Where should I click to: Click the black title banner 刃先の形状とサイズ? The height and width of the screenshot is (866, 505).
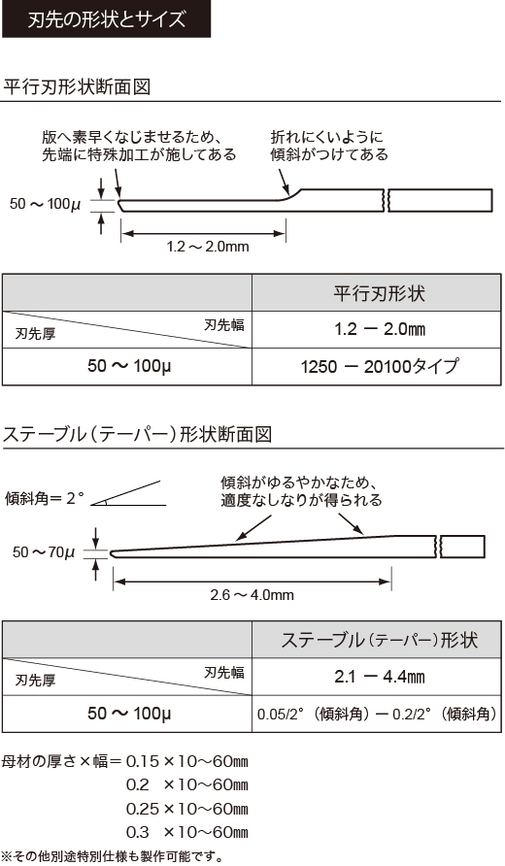[106, 18]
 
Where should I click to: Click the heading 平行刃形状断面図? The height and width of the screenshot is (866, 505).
[77, 86]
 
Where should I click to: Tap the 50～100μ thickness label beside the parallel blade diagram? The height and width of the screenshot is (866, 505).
[46, 204]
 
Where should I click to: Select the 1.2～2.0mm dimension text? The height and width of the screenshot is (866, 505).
[208, 247]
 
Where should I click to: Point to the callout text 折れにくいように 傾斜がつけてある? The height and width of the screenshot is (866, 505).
[329, 146]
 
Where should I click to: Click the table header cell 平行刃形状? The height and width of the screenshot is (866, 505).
[379, 293]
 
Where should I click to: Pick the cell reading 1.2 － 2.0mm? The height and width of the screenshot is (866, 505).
[379, 329]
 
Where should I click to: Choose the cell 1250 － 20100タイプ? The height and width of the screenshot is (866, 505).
[379, 366]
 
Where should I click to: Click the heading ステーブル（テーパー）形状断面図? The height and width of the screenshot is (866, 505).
[137, 434]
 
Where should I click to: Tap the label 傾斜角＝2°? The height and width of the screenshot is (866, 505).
[45, 498]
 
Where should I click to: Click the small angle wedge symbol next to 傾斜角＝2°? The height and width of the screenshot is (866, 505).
[128, 494]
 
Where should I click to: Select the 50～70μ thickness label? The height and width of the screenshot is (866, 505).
[44, 551]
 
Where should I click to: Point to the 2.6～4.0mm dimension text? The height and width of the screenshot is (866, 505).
[252, 595]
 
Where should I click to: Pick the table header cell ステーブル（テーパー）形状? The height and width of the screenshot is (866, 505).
[379, 640]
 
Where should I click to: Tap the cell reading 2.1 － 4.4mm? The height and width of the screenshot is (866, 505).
[379, 677]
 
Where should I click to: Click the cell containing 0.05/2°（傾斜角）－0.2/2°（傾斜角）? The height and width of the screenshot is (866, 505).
[379, 714]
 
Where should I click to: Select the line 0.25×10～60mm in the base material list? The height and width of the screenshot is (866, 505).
[186, 809]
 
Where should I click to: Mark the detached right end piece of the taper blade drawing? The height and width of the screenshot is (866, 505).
[462, 547]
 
